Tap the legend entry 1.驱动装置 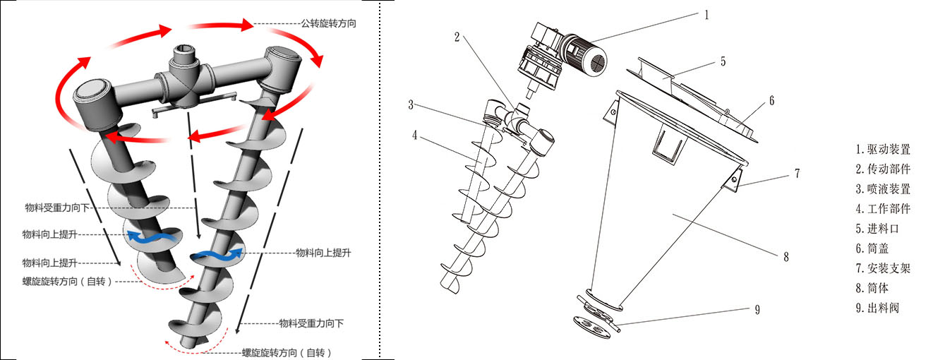(882, 150)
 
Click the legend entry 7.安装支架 (882, 268)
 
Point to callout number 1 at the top (706, 13)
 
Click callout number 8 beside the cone (785, 258)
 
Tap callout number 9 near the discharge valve (757, 309)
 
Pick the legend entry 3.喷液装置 (882, 189)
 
